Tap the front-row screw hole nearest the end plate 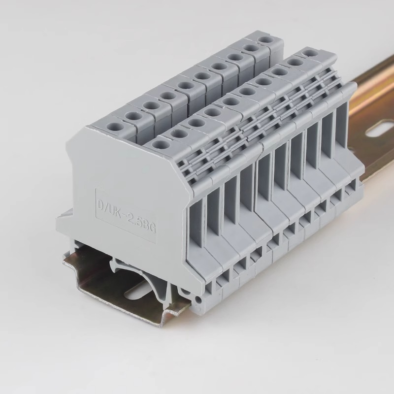[161, 144]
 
